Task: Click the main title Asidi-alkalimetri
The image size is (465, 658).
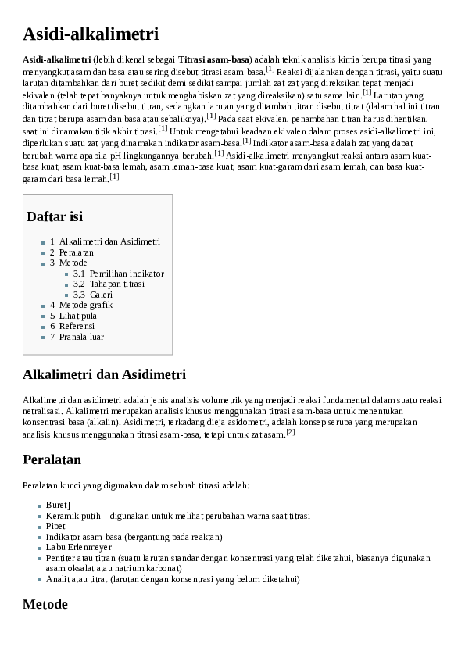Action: [91, 34]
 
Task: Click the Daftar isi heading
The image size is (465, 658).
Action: [55, 216]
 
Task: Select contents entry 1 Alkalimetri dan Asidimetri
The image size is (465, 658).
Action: [109, 242]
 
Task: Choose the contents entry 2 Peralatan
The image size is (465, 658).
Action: [76, 252]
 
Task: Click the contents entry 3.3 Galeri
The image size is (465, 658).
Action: [101, 295]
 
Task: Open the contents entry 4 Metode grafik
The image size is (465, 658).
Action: [85, 305]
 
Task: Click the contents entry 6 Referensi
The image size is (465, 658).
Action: [77, 326]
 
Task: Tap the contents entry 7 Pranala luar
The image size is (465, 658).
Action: [81, 337]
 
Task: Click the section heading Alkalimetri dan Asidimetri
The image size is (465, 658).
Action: [105, 374]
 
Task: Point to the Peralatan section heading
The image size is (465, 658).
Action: [52, 459]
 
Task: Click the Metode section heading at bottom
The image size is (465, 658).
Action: [45, 604]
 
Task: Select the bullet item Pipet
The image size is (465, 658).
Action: [56, 527]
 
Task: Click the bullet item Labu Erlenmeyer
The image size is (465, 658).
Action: [78, 548]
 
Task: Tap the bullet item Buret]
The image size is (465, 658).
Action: [59, 506]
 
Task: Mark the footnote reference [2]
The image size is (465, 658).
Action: [290, 431]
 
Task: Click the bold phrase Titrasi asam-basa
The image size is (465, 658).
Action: [213, 59]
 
